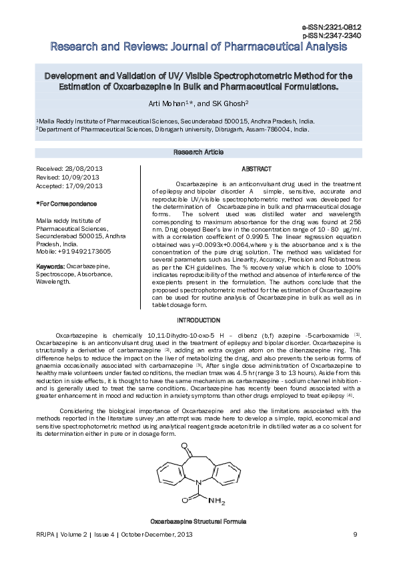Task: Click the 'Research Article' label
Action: point(198,152)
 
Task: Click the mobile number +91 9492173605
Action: point(85,251)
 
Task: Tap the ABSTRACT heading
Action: point(256,169)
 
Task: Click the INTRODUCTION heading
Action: point(198,321)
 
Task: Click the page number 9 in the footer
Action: point(355,534)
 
